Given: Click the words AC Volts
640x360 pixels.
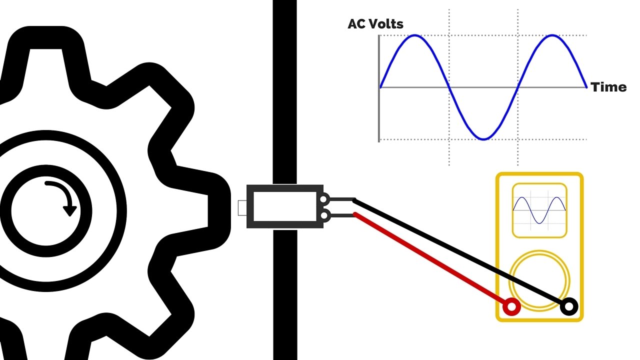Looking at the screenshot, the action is click(x=375, y=24).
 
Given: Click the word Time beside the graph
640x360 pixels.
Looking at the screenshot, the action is click(x=608, y=87).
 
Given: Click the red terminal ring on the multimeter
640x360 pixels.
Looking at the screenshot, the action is click(x=511, y=306).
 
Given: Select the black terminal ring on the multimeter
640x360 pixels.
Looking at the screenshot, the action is click(x=569, y=306).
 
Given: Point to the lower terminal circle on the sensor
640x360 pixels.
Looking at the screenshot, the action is click(x=324, y=215).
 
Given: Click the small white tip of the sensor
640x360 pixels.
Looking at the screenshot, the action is click(x=242, y=208).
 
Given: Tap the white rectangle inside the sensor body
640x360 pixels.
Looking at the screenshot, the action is click(x=285, y=206).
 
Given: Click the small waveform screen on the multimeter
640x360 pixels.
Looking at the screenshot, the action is click(x=539, y=210).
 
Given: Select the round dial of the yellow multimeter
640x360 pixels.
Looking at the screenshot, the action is click(x=539, y=281).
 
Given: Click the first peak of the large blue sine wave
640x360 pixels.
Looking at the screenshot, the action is click(x=415, y=35).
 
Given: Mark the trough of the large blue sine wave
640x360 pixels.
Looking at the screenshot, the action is click(x=483, y=139).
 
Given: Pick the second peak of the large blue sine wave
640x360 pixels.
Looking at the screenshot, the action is click(x=552, y=35).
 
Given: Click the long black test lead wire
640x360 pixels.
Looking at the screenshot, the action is click(x=460, y=253).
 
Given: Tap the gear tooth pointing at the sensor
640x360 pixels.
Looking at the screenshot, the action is click(x=197, y=211).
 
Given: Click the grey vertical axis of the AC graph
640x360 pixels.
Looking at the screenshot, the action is click(x=379, y=88).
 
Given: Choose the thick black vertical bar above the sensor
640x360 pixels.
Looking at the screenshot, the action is click(x=285, y=92).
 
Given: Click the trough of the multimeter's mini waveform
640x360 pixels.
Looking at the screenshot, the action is click(x=539, y=223).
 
